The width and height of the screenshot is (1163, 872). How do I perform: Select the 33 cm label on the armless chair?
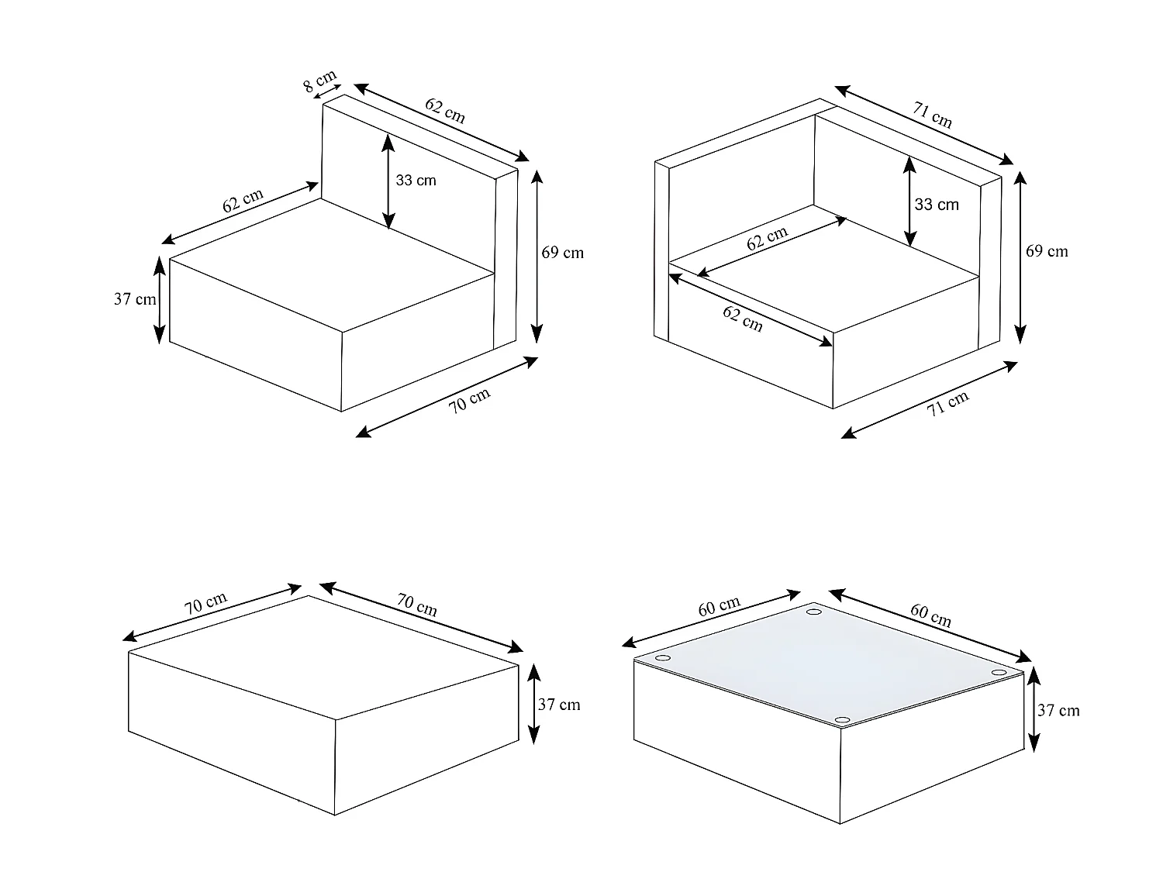(x=416, y=181)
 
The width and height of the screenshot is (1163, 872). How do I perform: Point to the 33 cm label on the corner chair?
(x=937, y=205)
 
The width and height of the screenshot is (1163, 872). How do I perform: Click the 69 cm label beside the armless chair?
(x=562, y=253)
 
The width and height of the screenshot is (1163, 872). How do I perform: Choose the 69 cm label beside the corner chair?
(x=1047, y=251)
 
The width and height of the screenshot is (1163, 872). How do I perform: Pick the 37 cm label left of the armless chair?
(x=135, y=299)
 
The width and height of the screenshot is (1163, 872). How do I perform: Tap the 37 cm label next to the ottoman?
(x=559, y=705)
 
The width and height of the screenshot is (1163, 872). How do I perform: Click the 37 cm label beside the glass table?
(x=1058, y=711)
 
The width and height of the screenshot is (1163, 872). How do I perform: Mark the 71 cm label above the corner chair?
(x=932, y=115)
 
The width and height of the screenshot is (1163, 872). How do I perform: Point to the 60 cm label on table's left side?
(x=719, y=606)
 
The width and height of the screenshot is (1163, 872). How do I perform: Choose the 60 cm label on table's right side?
(x=930, y=615)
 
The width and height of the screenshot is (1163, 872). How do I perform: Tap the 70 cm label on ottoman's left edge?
(x=205, y=604)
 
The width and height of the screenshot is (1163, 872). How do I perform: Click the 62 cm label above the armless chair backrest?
(x=445, y=111)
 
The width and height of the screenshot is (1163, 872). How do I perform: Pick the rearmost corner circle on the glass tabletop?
(x=814, y=613)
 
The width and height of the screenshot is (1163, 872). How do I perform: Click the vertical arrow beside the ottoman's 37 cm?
(x=534, y=704)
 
